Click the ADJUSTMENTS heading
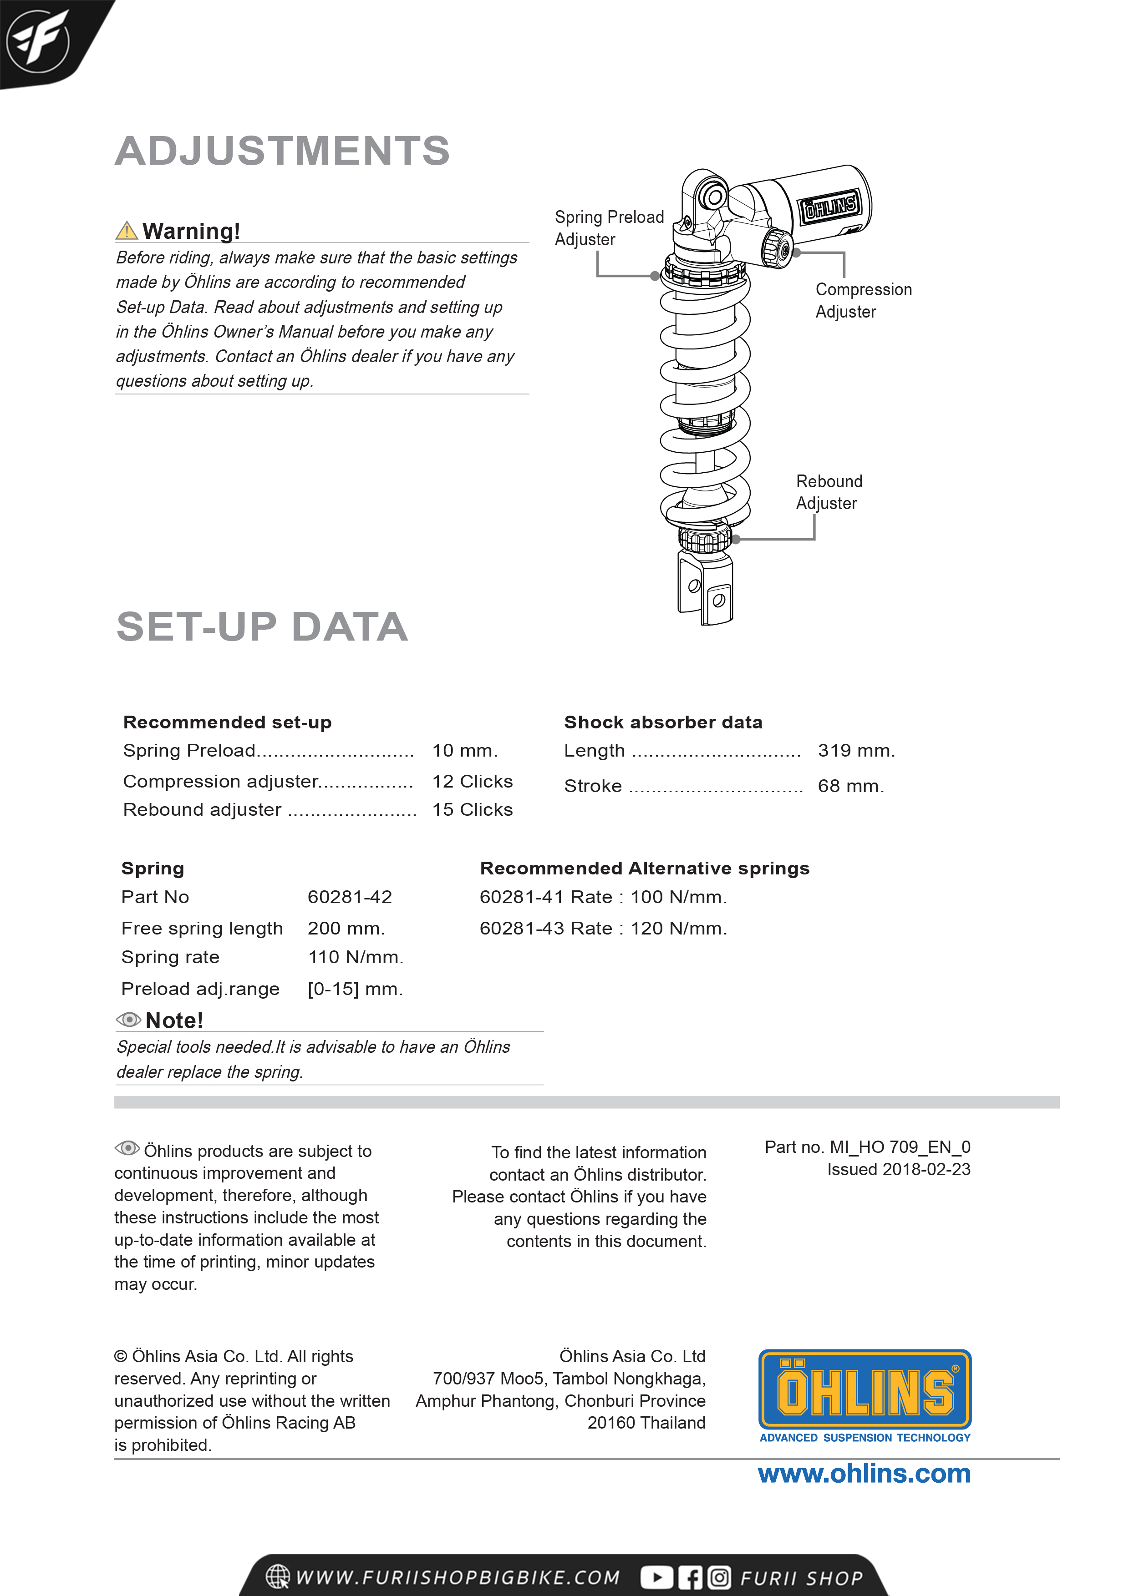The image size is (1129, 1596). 282,151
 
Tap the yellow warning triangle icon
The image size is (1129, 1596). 127,230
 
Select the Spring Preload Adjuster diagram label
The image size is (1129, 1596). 609,228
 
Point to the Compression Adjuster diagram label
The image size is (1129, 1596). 863,300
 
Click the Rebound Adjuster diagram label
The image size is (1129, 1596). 829,492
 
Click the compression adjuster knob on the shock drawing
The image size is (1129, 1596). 778,247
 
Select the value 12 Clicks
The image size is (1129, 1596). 473,781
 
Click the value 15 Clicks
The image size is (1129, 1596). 473,810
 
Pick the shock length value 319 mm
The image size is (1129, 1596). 855,751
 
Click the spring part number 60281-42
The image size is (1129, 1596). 350,897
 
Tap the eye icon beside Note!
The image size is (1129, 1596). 128,1020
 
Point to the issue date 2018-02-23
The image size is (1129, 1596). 898,1169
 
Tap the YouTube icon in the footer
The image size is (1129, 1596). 656,1577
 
